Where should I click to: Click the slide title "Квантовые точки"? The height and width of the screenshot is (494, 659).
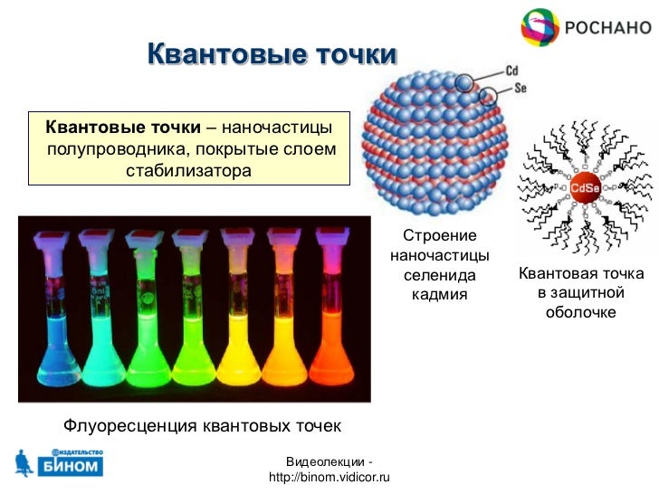pos(272,55)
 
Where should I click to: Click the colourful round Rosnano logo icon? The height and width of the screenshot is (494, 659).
pos(540,27)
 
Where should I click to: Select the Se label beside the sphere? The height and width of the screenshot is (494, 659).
pos(520,89)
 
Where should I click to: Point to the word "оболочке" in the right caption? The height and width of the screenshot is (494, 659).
pos(580,312)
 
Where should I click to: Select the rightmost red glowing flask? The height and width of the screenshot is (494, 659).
pos(330,344)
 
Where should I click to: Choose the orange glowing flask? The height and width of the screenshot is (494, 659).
pos(283,344)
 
